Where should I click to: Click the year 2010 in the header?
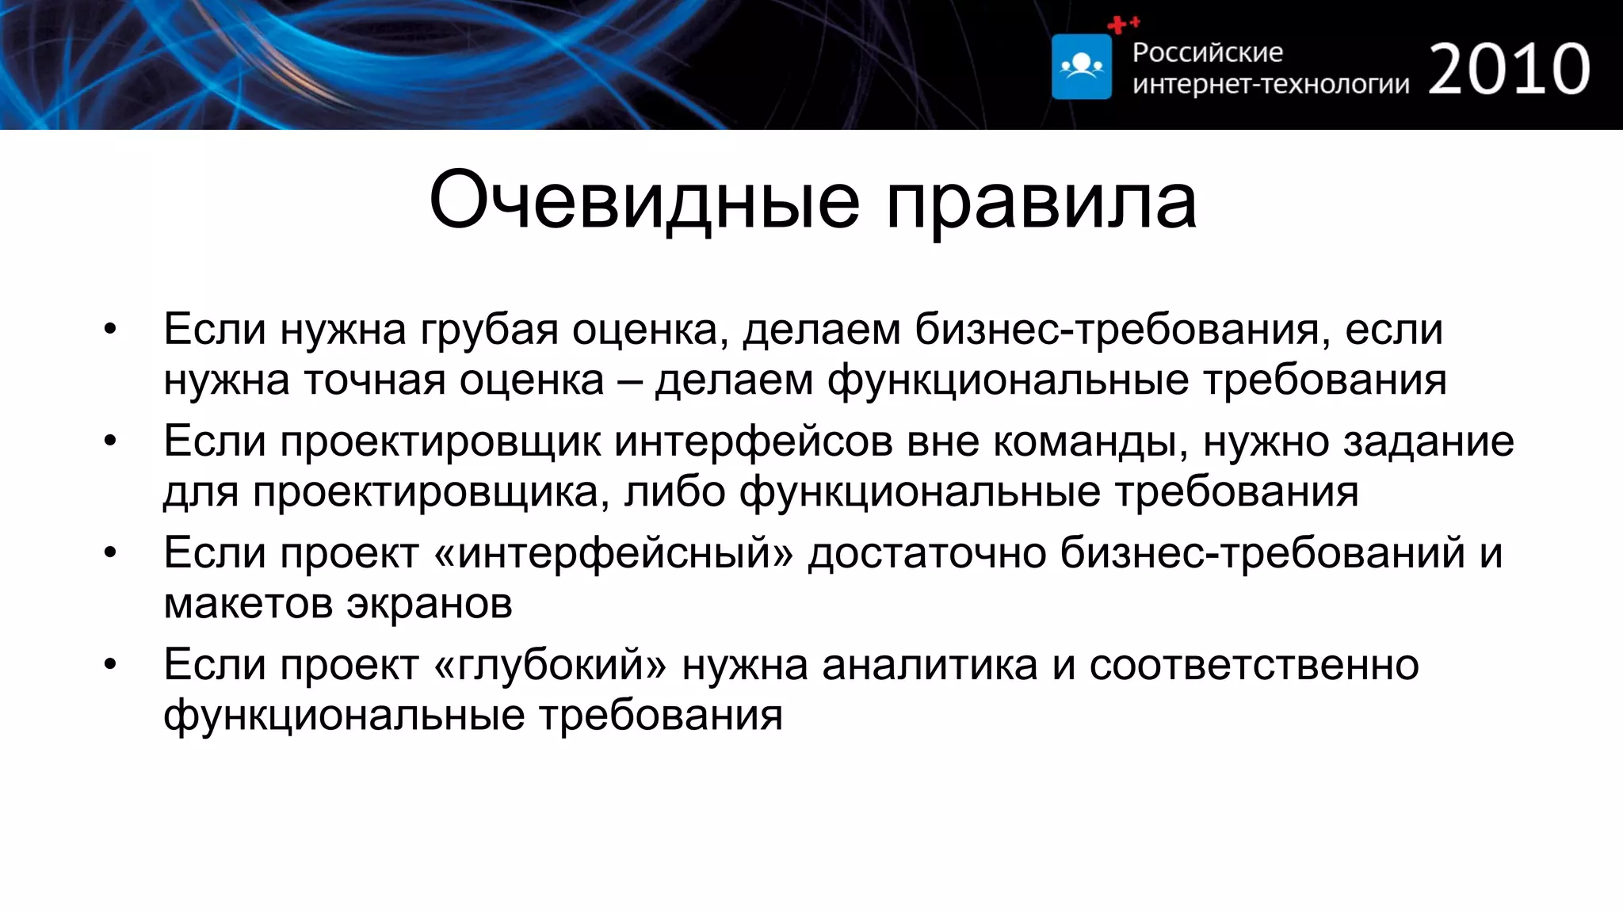point(1509,69)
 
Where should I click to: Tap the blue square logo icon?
point(1081,67)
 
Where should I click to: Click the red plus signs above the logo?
point(1123,25)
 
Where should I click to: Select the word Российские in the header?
point(1207,52)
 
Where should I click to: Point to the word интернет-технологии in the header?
point(1270,84)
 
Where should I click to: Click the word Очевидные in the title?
point(643,201)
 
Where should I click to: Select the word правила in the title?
point(1041,201)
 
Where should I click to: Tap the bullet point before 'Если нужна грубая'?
point(110,329)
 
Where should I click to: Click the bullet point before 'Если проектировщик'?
point(110,441)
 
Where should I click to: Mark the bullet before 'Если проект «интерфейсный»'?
point(110,552)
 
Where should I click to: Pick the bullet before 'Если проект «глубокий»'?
point(110,664)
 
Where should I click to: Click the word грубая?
point(489,330)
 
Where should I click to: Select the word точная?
point(375,380)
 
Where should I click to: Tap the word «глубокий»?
point(551,664)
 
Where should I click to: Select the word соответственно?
point(1254,664)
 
